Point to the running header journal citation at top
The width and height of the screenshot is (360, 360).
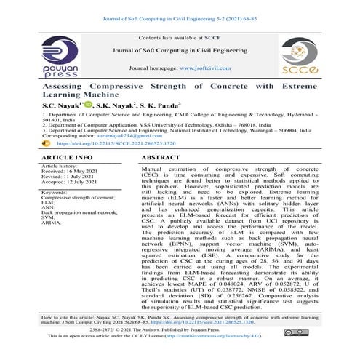pyautogui.click(x=180, y=7)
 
